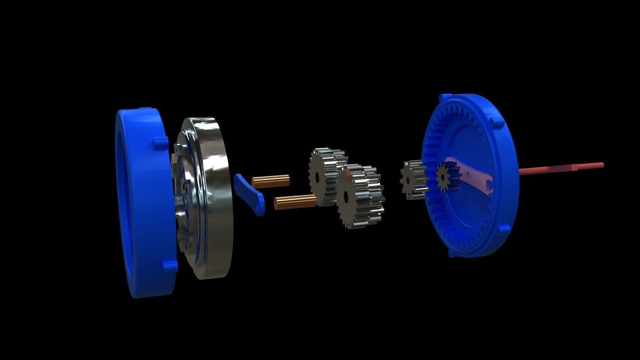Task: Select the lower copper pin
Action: pyautogui.click(x=295, y=202)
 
